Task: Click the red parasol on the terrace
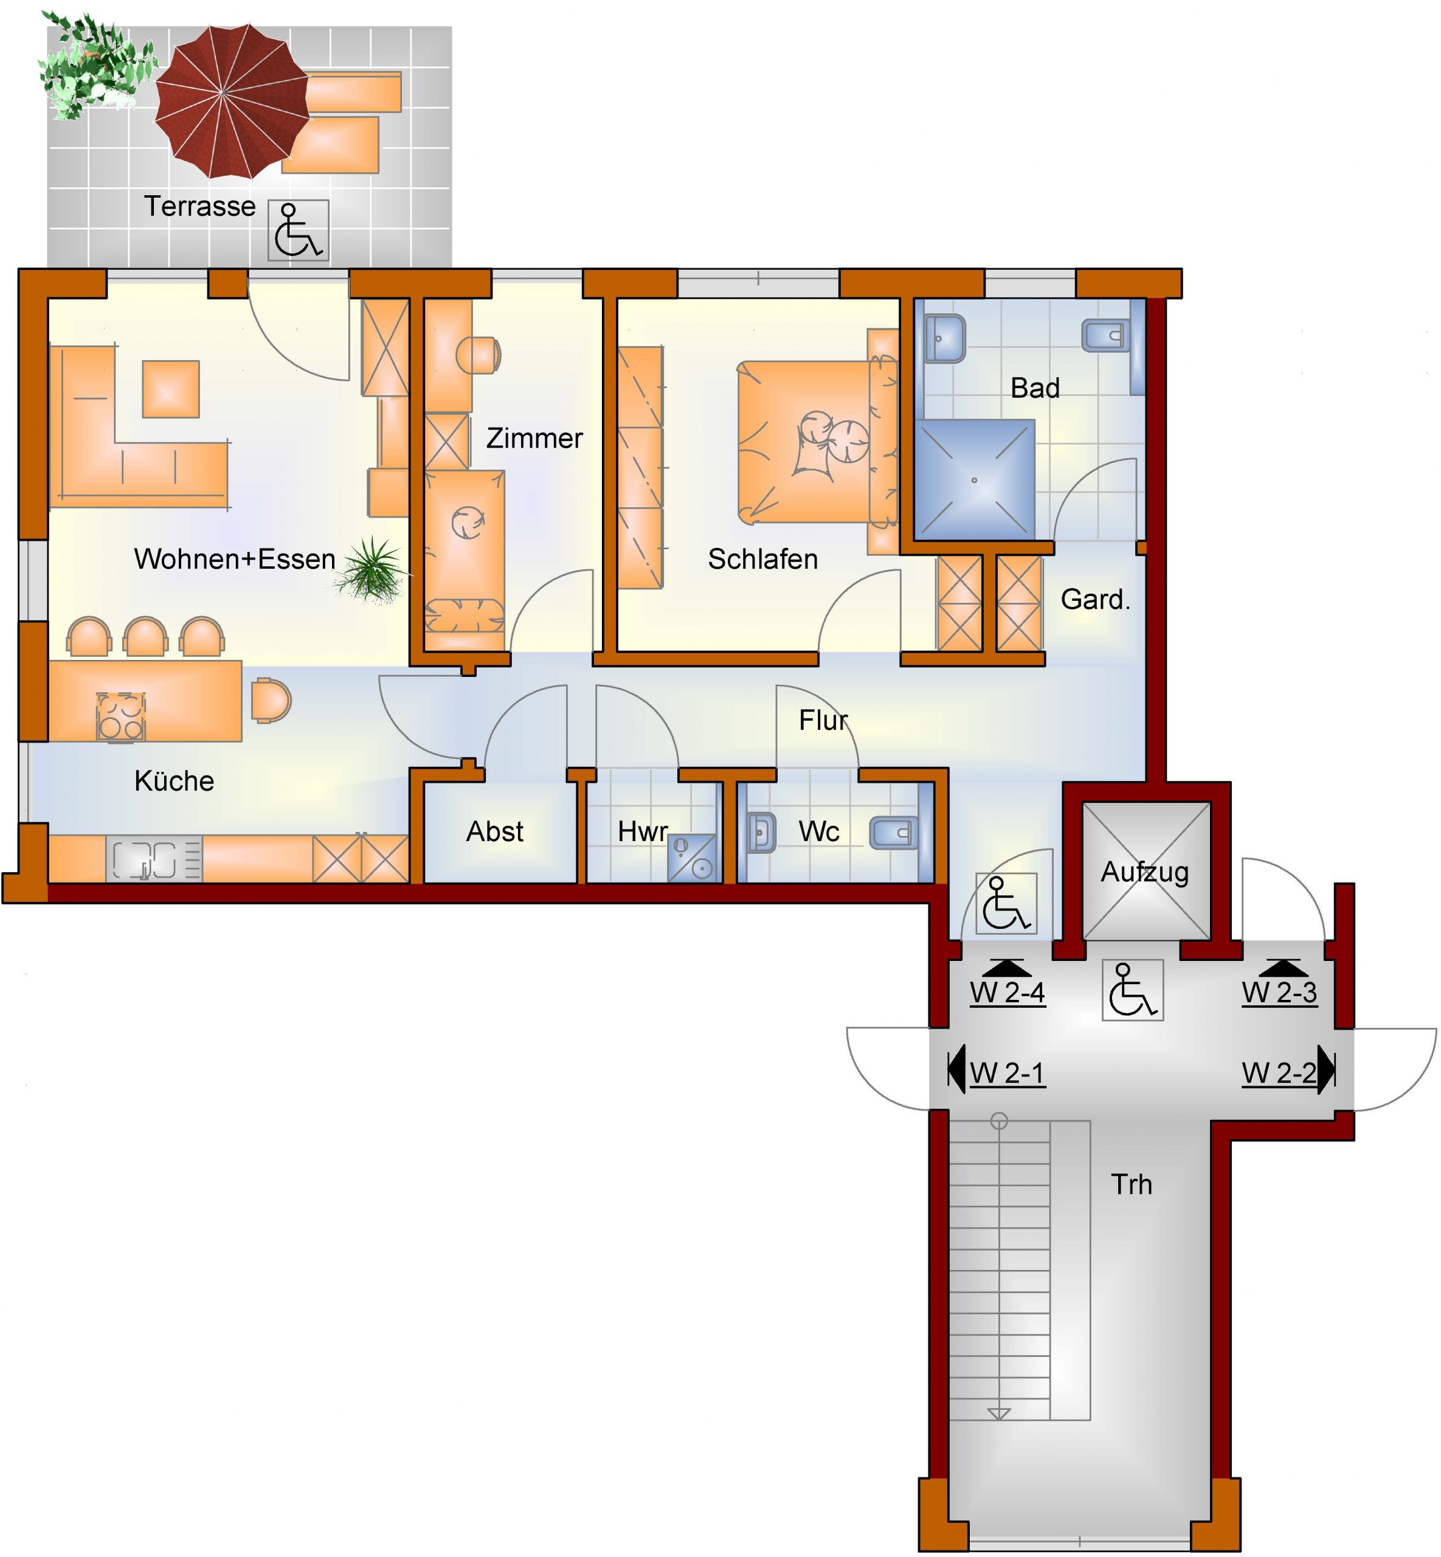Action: [x=232, y=100]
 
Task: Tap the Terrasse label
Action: [x=199, y=207]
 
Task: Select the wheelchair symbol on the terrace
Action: [x=299, y=230]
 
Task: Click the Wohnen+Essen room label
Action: [x=235, y=560]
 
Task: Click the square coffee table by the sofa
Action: [x=171, y=389]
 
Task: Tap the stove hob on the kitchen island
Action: [x=121, y=717]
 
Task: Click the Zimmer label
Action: [x=534, y=439]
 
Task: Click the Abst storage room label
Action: [x=494, y=831]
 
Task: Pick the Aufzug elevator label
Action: [x=1145, y=872]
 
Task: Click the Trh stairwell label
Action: [x=1132, y=1184]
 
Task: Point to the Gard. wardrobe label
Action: [x=1096, y=599]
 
